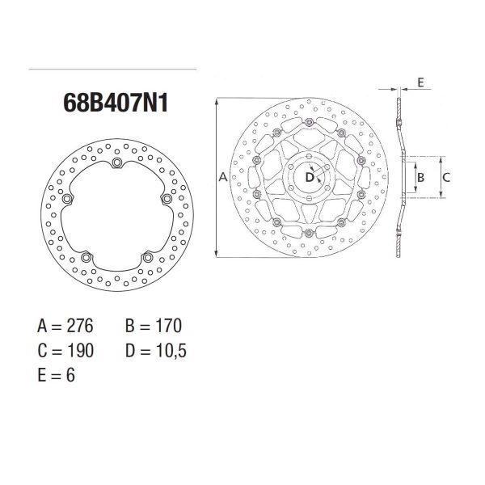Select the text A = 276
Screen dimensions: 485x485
pyautogui.click(x=66, y=327)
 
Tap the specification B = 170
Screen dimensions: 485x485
pyautogui.click(x=154, y=327)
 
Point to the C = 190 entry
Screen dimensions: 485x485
pyautogui.click(x=66, y=351)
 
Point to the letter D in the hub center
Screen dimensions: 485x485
pyautogui.click(x=310, y=176)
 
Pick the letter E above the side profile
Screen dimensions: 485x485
pyautogui.click(x=421, y=82)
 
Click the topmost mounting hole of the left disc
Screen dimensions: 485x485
pyautogui.click(x=116, y=164)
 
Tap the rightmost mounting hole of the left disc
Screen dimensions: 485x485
pyautogui.click(x=167, y=199)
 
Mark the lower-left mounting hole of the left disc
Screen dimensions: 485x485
pyautogui.click(x=86, y=258)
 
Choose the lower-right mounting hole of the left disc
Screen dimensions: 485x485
pyautogui.click(x=148, y=258)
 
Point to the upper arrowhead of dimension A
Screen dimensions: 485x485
pyautogui.click(x=218, y=102)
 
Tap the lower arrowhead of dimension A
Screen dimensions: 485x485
pyautogui.click(x=218, y=253)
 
